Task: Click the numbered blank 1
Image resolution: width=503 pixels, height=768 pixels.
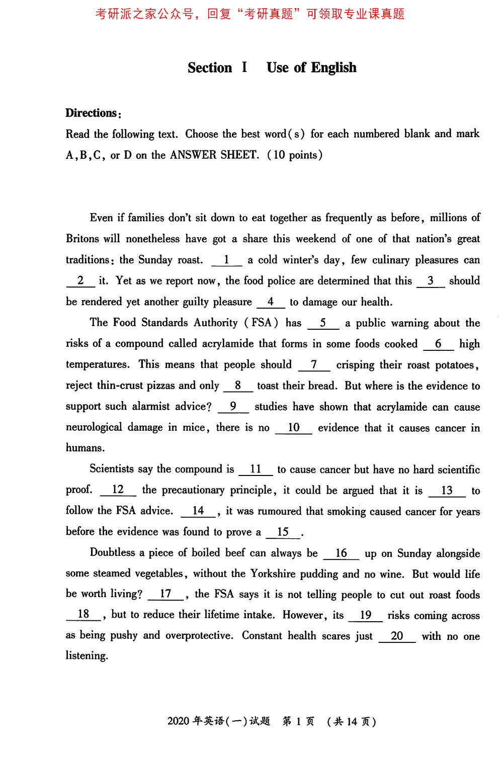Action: coord(226,260)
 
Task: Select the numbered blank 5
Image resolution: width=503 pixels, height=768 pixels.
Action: coord(323,323)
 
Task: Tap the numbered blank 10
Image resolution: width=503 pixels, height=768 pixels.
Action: coord(294,428)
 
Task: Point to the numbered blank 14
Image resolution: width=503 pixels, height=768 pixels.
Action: coord(198,511)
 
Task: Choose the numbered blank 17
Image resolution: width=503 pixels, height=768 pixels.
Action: coord(165,594)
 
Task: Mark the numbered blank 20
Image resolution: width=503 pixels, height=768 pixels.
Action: coord(397,636)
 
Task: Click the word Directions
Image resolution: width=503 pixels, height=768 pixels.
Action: coord(92,113)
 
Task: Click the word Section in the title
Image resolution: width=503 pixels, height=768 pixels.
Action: coord(210,68)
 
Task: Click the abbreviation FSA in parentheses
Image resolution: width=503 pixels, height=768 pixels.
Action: coord(262,323)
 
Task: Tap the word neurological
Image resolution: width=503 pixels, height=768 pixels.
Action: coord(94,427)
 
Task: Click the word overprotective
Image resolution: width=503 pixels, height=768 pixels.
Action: coord(199,635)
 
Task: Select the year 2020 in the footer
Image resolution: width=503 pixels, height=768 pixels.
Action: coord(178,721)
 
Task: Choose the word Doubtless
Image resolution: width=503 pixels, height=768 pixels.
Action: coord(112,553)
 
